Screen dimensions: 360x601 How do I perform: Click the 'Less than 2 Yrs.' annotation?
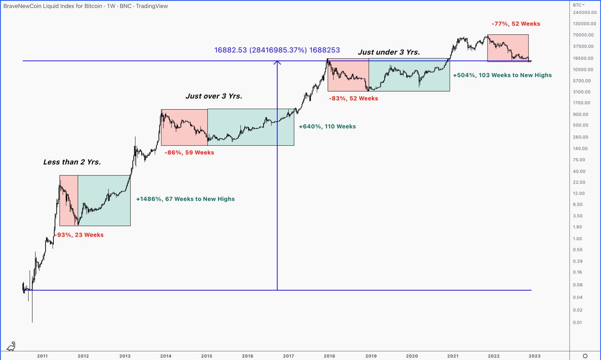(x=72, y=162)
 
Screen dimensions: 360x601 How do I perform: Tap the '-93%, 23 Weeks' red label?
(x=79, y=235)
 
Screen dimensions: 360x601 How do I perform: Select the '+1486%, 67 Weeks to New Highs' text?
(x=185, y=199)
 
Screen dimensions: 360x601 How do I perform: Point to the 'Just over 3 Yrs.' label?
(x=214, y=96)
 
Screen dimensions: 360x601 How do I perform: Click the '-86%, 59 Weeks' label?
(x=189, y=152)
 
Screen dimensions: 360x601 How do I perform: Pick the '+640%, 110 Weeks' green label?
(x=327, y=126)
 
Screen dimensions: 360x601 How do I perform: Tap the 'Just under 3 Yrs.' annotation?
(x=389, y=53)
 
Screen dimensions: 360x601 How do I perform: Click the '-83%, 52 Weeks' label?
(x=353, y=98)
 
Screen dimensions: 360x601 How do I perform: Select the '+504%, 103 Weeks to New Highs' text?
(x=502, y=75)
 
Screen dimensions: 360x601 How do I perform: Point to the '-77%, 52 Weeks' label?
(x=516, y=24)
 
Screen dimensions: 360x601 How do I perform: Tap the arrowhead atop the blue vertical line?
(x=277, y=63)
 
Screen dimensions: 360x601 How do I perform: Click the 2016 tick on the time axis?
(x=248, y=356)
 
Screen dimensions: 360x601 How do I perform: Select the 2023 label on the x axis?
(x=534, y=356)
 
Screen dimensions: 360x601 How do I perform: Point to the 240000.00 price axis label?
(x=585, y=13)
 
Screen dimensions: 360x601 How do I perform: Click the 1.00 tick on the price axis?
(x=577, y=239)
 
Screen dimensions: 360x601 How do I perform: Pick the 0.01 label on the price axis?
(x=577, y=323)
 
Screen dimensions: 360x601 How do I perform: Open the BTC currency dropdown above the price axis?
(x=579, y=5)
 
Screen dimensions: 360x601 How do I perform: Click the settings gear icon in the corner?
(x=585, y=356)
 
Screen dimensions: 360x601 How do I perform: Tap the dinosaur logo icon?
(x=11, y=346)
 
